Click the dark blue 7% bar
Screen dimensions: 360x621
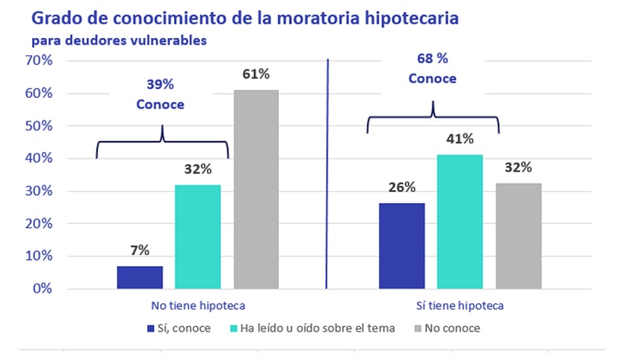point(139,277)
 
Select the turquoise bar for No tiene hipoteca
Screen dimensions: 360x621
point(197,236)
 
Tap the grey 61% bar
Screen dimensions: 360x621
point(256,188)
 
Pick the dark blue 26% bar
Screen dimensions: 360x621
point(402,245)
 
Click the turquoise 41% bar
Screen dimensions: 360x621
point(460,221)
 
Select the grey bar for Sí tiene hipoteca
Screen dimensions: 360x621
point(518,235)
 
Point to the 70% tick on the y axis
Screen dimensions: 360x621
point(39,61)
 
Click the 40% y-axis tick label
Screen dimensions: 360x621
point(39,159)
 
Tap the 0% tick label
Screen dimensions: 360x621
point(42,289)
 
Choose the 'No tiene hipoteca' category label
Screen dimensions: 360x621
point(198,306)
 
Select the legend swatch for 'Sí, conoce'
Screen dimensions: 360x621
point(150,328)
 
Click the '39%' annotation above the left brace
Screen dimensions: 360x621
point(160,84)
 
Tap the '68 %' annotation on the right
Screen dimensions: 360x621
point(432,58)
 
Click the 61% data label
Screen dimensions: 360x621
point(256,75)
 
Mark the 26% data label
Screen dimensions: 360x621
point(402,188)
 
